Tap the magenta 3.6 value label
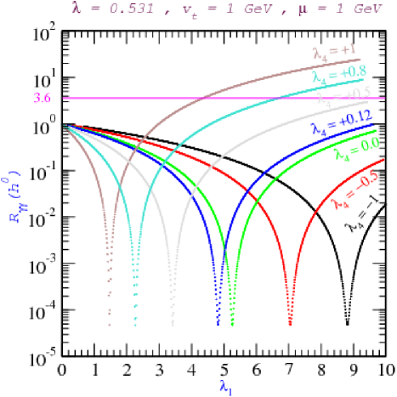coord(42,99)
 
